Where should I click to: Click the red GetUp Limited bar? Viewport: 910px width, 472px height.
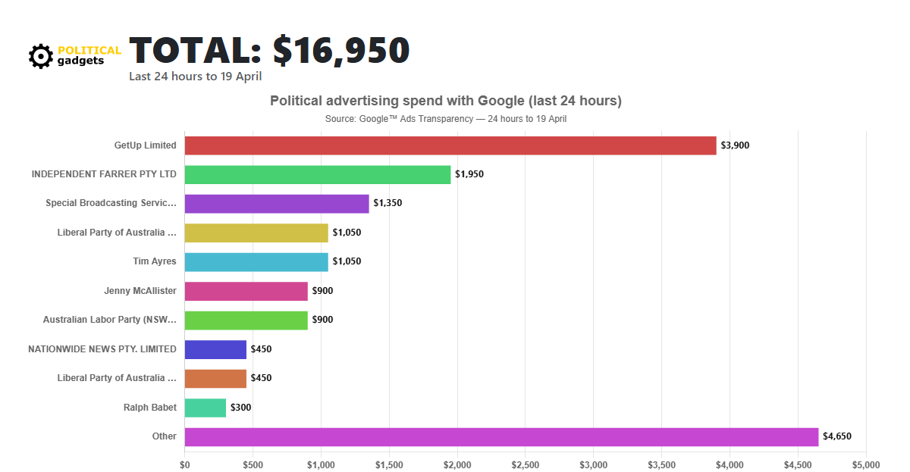tap(450, 145)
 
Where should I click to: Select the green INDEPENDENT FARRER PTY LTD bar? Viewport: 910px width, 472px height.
tap(317, 174)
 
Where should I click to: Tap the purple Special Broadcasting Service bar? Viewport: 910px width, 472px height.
tap(276, 204)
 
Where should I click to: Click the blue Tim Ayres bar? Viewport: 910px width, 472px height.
tap(256, 262)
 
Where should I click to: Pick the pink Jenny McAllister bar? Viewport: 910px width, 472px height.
tap(246, 291)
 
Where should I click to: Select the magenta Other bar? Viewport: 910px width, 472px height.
tap(500, 436)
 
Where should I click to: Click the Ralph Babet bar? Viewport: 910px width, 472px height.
tap(205, 408)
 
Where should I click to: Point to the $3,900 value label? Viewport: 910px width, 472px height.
tap(735, 145)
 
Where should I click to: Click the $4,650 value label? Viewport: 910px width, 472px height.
tap(837, 436)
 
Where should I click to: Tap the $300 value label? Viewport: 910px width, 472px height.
tap(240, 408)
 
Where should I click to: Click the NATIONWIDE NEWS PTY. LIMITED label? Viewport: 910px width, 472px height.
tap(102, 349)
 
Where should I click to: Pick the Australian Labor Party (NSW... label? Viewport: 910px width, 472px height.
tap(109, 320)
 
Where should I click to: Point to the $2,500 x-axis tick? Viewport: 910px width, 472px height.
tap(525, 464)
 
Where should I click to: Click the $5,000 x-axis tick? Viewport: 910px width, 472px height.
tap(865, 464)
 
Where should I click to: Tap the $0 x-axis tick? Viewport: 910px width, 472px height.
tap(184, 464)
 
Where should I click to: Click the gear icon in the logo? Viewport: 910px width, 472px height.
tap(40, 55)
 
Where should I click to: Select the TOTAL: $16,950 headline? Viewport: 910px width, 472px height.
tap(269, 50)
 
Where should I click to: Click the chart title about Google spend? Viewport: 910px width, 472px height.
tap(446, 101)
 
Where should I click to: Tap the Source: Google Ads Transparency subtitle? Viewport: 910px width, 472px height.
tap(446, 119)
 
